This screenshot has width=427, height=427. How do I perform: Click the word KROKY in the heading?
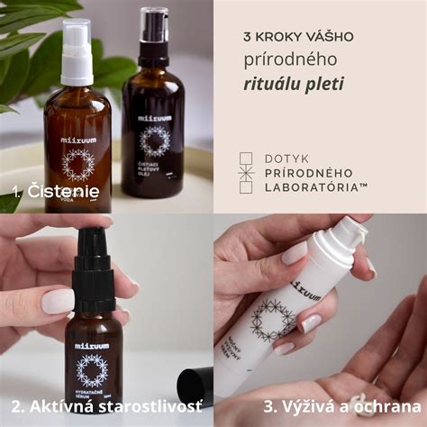(275, 38)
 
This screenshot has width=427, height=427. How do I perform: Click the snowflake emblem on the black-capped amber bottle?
(154, 140)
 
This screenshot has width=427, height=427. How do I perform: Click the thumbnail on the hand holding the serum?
(58, 301)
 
